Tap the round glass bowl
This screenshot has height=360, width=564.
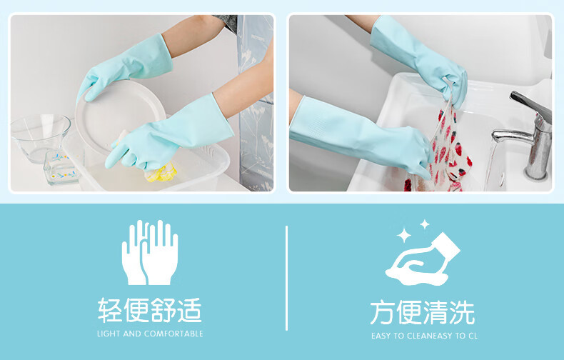(40, 137)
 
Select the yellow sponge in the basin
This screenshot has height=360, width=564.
(162, 173)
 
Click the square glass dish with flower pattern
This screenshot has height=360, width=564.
(61, 167)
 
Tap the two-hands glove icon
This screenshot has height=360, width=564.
(150, 252)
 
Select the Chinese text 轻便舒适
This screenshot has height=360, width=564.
(150, 310)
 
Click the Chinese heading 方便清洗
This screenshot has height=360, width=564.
(423, 312)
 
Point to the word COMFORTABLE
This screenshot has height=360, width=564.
(174, 334)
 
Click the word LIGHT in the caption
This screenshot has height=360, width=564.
(109, 334)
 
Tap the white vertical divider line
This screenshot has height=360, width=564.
(286, 278)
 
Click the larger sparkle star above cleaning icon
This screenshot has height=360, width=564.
(404, 236)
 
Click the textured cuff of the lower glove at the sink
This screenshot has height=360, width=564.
(316, 124)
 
